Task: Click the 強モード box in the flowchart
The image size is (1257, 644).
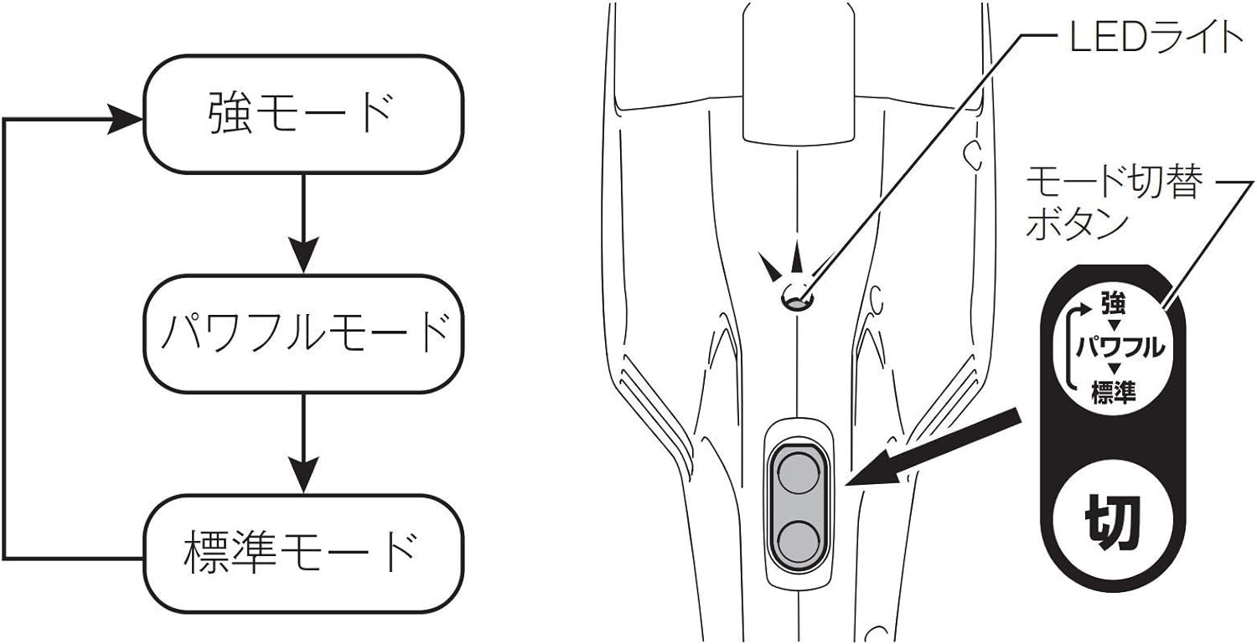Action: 303,114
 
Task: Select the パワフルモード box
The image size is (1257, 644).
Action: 303,334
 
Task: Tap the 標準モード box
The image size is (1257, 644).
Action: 303,553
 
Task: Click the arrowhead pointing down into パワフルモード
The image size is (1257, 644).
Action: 303,255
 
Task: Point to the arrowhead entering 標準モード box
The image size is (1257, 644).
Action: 303,475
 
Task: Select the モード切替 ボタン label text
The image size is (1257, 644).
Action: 1114,204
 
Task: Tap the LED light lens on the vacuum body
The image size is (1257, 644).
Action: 796,297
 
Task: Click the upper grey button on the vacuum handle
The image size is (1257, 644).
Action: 798,473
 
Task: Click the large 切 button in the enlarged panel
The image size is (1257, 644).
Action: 1112,523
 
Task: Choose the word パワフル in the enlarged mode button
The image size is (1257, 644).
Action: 1120,348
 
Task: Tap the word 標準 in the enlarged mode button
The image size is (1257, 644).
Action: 1114,391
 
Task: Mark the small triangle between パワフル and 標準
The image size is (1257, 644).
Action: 1115,368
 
